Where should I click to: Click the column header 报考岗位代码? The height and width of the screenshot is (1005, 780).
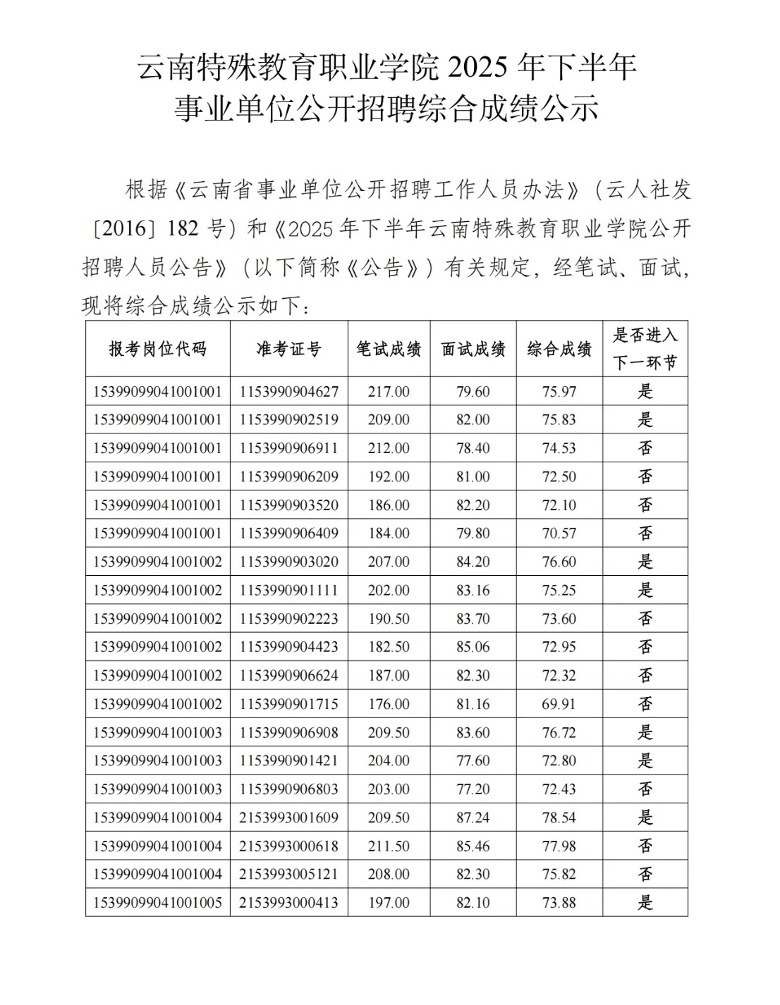pos(158,349)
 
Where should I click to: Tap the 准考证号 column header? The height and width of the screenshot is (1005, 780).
pos(288,349)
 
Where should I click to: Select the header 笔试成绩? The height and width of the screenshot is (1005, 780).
pos(389,349)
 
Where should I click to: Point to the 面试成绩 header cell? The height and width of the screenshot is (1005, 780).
pos(473,349)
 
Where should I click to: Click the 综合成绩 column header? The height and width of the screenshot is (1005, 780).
pos(559,349)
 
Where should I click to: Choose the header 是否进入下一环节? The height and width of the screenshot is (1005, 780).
pos(645,349)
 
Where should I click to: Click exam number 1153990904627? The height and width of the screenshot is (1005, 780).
pos(288,392)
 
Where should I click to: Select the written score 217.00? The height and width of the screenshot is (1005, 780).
pos(389,392)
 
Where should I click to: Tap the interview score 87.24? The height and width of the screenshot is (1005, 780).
pos(473,818)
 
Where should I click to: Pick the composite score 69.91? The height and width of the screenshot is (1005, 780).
pos(559,704)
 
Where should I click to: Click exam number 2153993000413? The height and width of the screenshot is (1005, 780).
pos(288,903)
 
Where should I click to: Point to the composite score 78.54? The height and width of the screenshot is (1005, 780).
pos(559,818)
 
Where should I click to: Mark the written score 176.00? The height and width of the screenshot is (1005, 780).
pos(389,704)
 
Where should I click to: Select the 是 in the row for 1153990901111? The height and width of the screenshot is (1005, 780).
pos(645,591)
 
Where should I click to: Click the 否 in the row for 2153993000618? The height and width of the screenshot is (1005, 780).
pos(645,846)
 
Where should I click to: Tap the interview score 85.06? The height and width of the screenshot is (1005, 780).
pos(473,647)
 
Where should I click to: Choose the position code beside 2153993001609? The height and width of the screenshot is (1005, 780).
pos(158,818)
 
